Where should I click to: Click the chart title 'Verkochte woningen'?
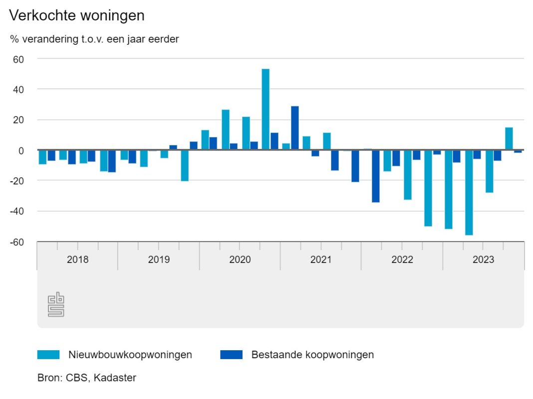77,15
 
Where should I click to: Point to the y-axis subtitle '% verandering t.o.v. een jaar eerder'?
94,39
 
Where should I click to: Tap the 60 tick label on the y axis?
18,59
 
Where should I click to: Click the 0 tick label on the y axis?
21,150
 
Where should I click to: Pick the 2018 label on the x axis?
77,260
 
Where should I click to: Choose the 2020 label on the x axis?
240,260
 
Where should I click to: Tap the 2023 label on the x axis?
483,260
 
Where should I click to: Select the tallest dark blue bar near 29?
295,128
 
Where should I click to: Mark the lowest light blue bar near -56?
469,192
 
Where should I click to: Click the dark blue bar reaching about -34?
375,176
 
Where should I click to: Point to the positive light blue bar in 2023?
509,139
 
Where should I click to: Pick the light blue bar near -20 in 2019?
185,165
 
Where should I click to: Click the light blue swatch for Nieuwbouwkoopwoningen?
48,355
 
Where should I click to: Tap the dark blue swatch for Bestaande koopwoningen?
231,355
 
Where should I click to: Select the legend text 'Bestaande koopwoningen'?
312,355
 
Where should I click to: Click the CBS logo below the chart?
56,304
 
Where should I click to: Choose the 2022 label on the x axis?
402,260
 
